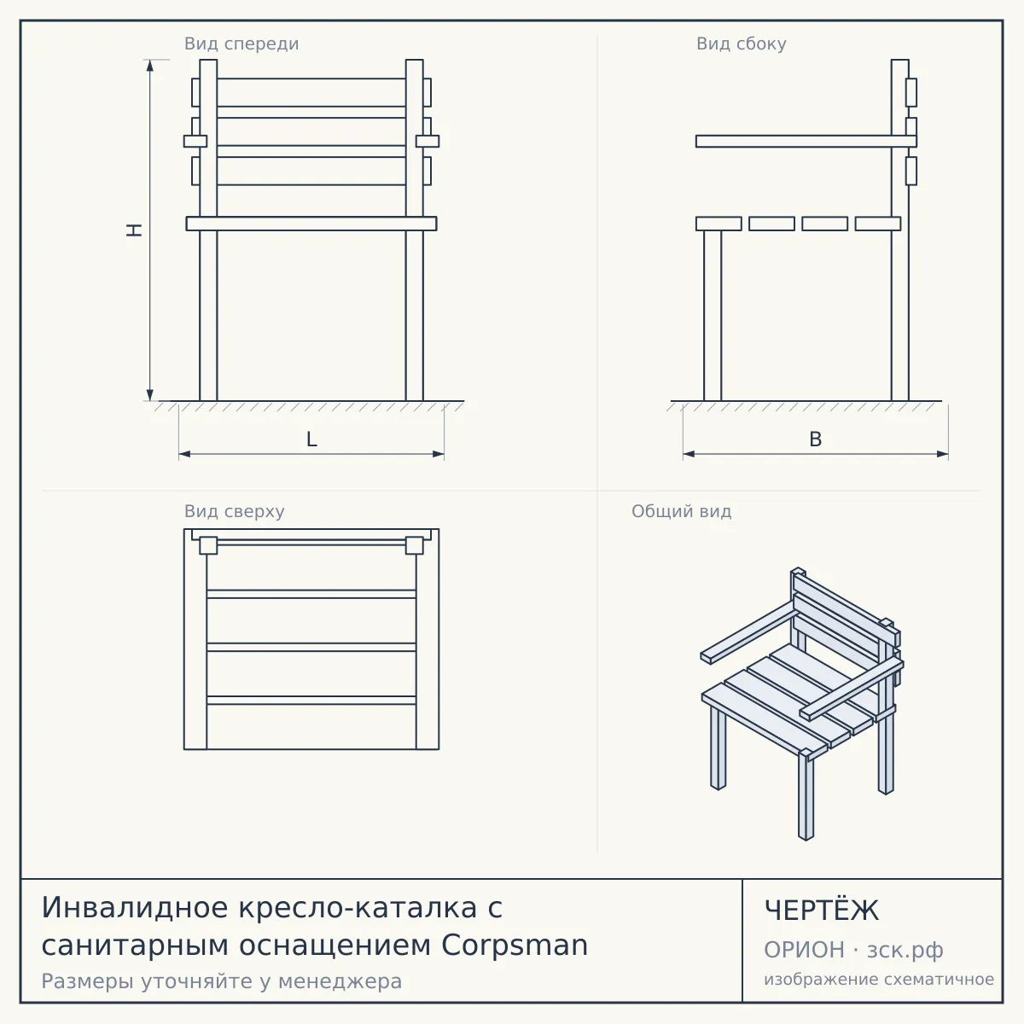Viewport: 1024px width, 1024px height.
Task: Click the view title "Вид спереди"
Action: [241, 44]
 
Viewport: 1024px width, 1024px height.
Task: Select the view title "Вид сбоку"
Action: [742, 44]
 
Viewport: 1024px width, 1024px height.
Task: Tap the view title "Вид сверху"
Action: [235, 511]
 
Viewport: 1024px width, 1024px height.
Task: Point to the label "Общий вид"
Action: [681, 511]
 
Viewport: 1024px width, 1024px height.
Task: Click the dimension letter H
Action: [135, 230]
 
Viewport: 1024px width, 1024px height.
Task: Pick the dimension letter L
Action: [312, 439]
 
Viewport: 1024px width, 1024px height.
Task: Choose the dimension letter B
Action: [815, 439]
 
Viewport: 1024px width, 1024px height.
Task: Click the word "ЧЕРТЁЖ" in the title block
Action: [822, 911]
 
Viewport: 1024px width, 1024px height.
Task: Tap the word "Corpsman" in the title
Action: [515, 946]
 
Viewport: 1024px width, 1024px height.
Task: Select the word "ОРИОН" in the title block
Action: [804, 950]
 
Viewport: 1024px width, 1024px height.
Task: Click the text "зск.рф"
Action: [905, 951]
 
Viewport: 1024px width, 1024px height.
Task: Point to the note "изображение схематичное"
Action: [879, 979]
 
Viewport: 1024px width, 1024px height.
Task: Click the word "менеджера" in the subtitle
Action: [340, 982]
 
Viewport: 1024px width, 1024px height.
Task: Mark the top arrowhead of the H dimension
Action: [150, 65]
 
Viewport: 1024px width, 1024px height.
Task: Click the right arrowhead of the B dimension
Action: [942, 454]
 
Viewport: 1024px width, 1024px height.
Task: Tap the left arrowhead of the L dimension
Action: [184, 454]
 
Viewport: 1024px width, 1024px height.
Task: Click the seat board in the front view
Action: [311, 224]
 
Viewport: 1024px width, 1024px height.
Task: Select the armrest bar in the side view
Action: [806, 142]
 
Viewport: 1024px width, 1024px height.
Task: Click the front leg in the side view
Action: [713, 316]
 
